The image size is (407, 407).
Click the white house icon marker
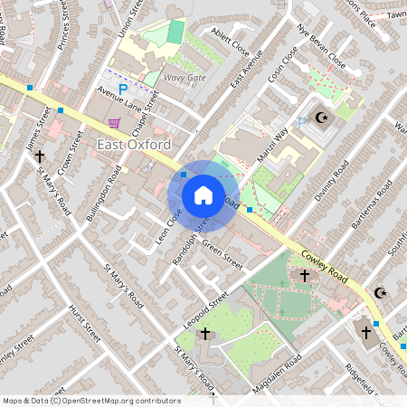203,195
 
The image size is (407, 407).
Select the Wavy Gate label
185,78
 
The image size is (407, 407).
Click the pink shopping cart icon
114,122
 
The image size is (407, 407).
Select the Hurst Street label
83,322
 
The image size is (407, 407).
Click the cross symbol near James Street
40,156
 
